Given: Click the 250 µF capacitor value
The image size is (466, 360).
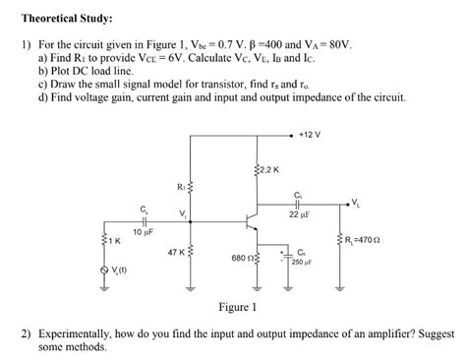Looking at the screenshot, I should [300, 263].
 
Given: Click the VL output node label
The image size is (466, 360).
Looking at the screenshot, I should [355, 203].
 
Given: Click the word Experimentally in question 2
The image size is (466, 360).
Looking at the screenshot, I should [67, 333].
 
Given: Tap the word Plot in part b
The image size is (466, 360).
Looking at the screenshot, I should [59, 71].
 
